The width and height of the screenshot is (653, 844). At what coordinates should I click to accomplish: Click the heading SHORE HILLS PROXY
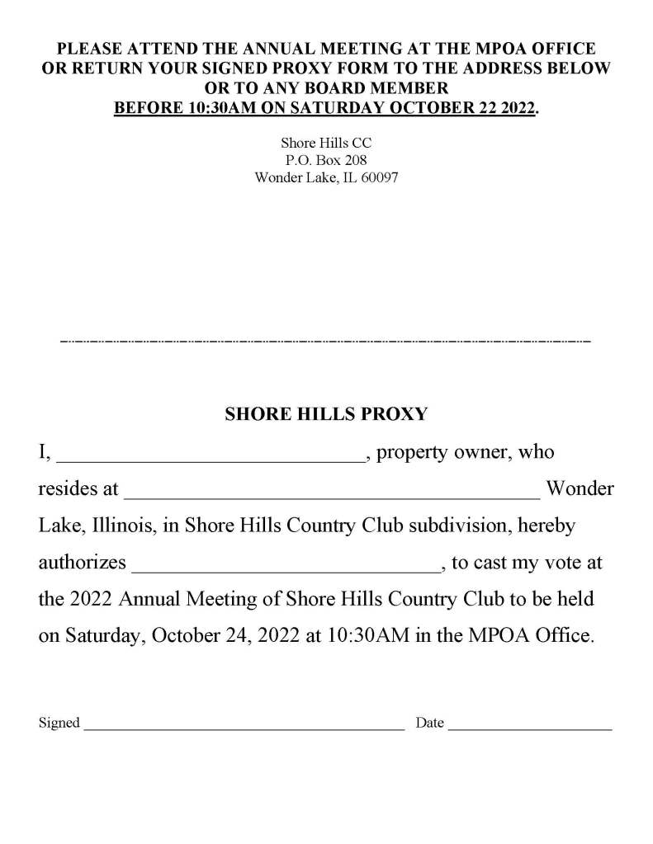(326, 415)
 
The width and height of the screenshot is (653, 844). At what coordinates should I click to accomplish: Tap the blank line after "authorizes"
(286, 569)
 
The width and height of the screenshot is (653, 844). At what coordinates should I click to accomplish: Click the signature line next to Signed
(244, 728)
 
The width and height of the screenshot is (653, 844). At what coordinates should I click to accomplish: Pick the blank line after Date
(531, 728)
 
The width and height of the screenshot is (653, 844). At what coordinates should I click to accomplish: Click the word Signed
(59, 724)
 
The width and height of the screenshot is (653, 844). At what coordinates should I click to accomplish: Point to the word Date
(430, 724)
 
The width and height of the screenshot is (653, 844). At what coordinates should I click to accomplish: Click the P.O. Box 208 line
(326, 160)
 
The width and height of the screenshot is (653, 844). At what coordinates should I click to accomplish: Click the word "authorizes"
(83, 563)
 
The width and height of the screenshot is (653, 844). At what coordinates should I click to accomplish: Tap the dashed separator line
(326, 340)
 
